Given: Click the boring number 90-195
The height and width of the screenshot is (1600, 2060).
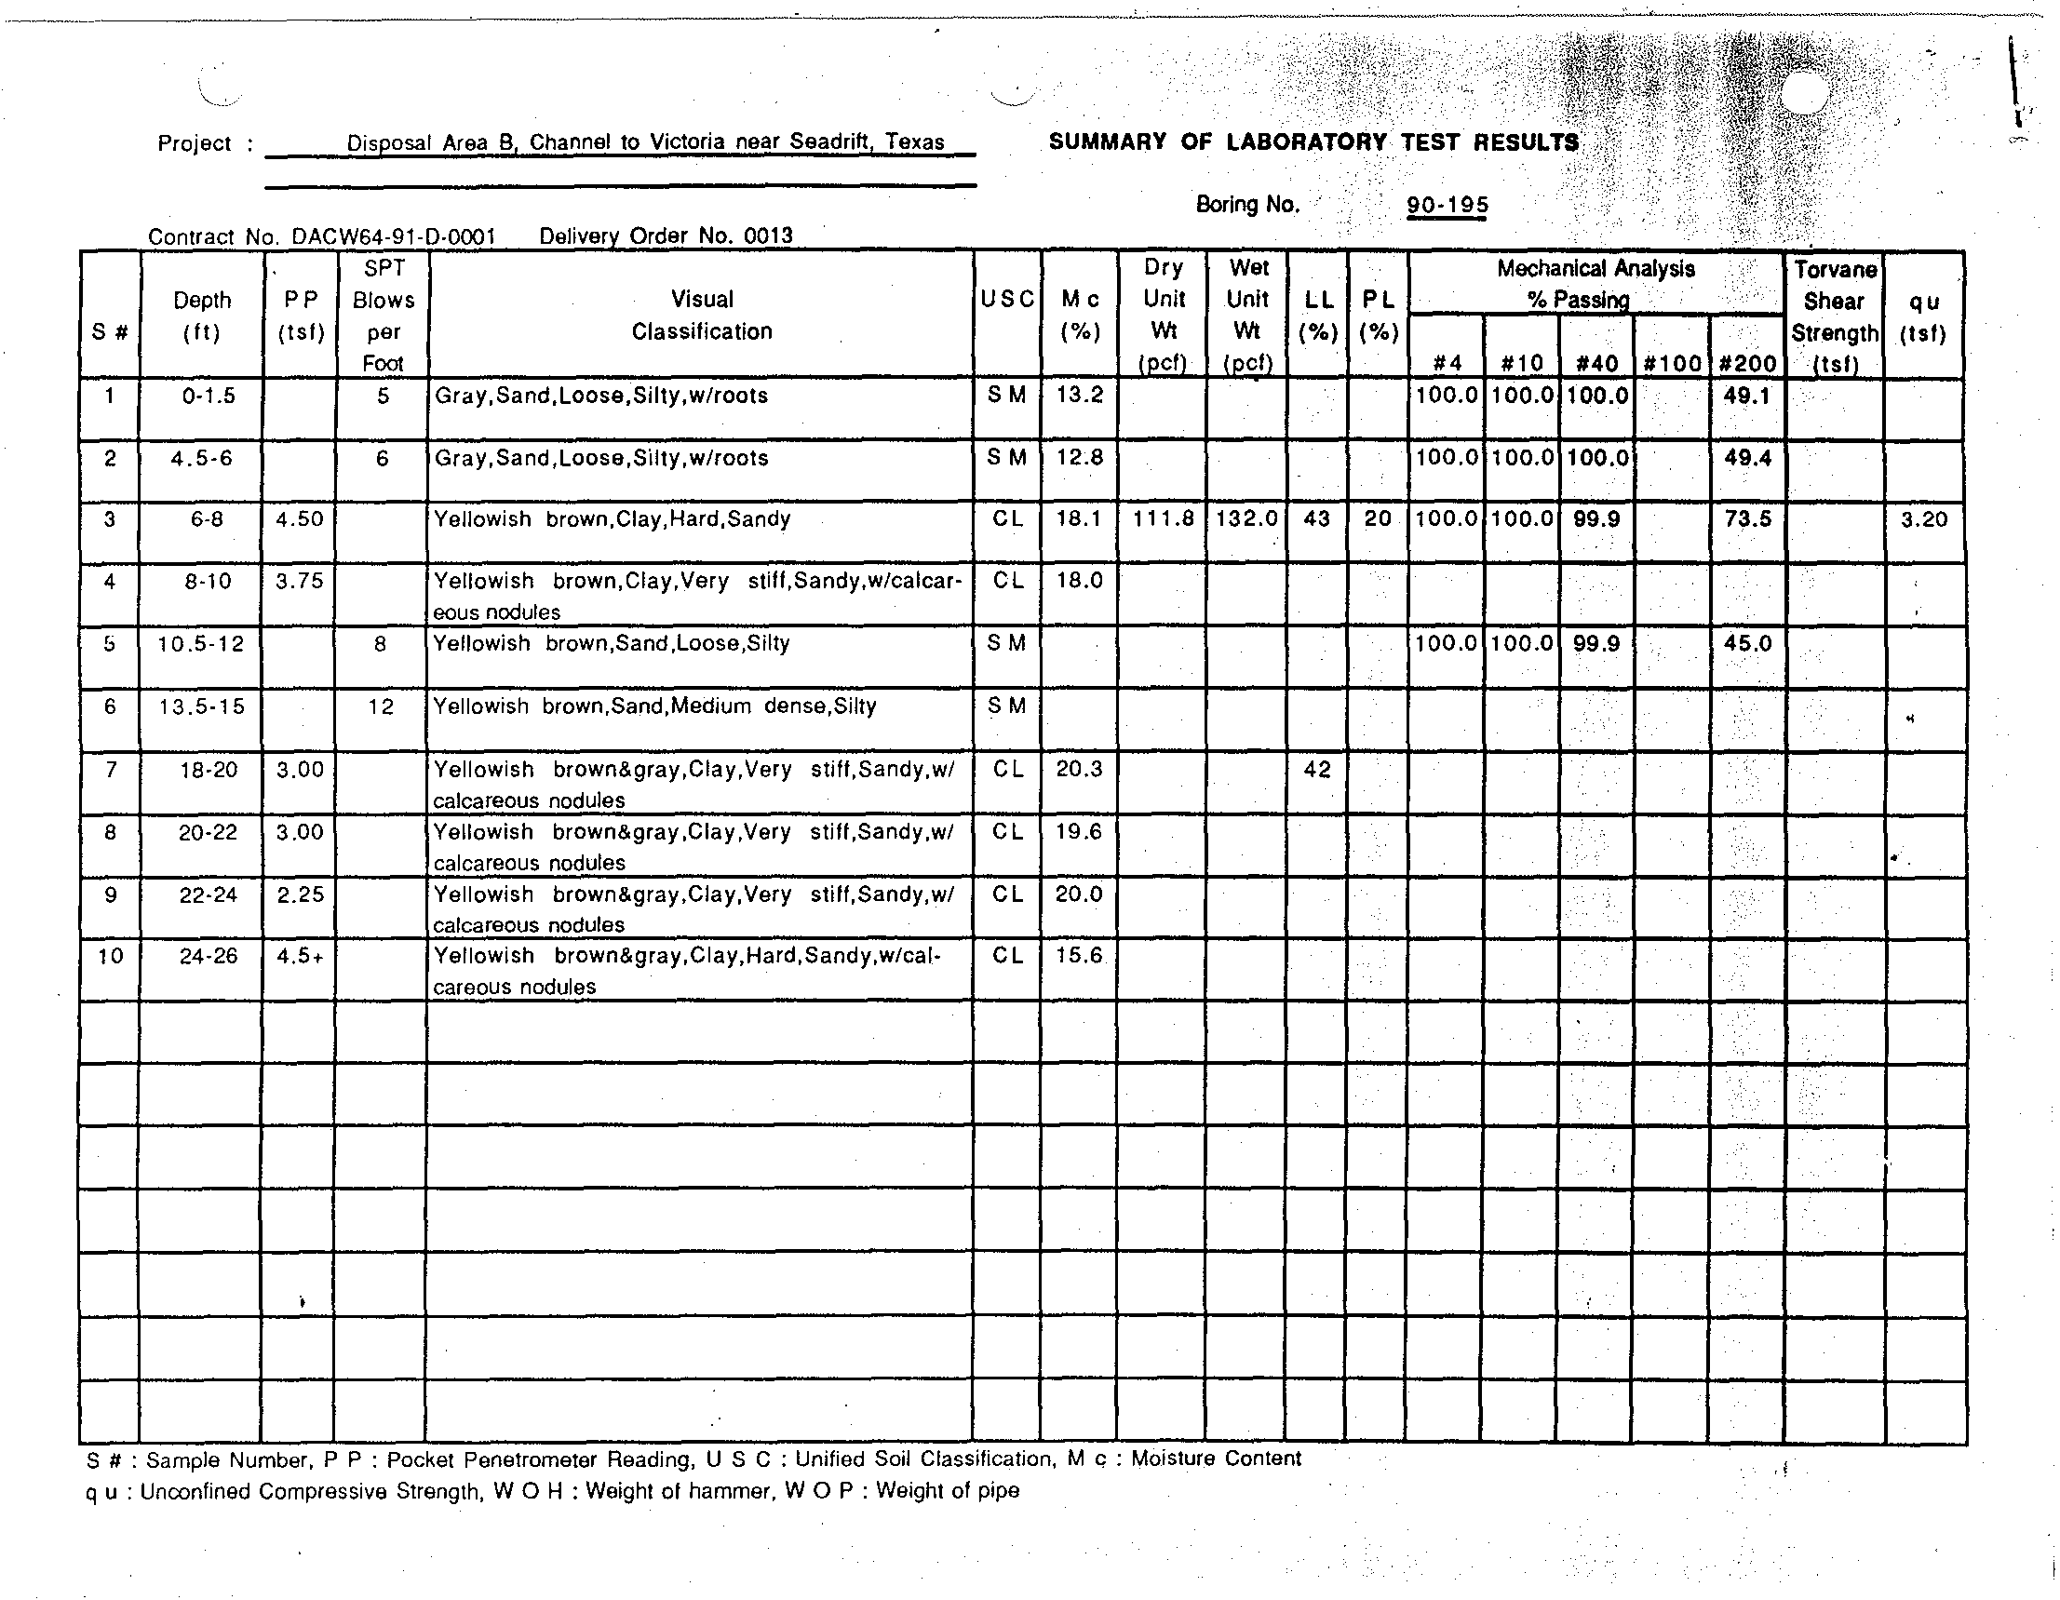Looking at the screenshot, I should click(1447, 205).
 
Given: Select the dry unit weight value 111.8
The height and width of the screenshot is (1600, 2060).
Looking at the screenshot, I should click(1163, 518).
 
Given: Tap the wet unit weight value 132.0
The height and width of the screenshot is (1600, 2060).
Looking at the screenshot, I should click(1247, 518).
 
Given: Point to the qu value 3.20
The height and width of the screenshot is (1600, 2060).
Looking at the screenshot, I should click(1923, 518).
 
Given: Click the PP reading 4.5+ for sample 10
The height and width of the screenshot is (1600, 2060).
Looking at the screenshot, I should click(300, 956).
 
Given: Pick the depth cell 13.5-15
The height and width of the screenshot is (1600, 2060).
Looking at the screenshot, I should click(202, 706).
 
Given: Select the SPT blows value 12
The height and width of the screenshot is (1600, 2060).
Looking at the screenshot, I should click(381, 706).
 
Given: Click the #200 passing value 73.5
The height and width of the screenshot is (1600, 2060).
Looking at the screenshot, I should click(1747, 518).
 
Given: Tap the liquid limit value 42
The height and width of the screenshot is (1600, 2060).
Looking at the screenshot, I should click(1317, 769).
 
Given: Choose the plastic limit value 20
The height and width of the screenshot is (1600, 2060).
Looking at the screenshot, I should click(1377, 518).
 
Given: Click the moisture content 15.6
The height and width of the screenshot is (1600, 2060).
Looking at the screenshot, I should click(1079, 956).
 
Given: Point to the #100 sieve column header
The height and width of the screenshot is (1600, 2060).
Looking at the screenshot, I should click(1672, 364).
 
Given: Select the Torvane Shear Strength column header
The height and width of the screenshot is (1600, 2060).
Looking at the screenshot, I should click(1835, 317).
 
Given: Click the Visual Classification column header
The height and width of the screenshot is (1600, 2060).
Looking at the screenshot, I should click(702, 316).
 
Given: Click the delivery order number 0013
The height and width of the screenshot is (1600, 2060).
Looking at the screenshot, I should click(768, 235).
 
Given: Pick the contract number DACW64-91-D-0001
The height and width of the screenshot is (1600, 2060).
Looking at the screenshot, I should click(394, 236).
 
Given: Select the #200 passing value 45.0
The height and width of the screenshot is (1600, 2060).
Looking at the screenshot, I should click(1747, 643).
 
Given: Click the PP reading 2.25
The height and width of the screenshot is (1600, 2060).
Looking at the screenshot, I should click(300, 894).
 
